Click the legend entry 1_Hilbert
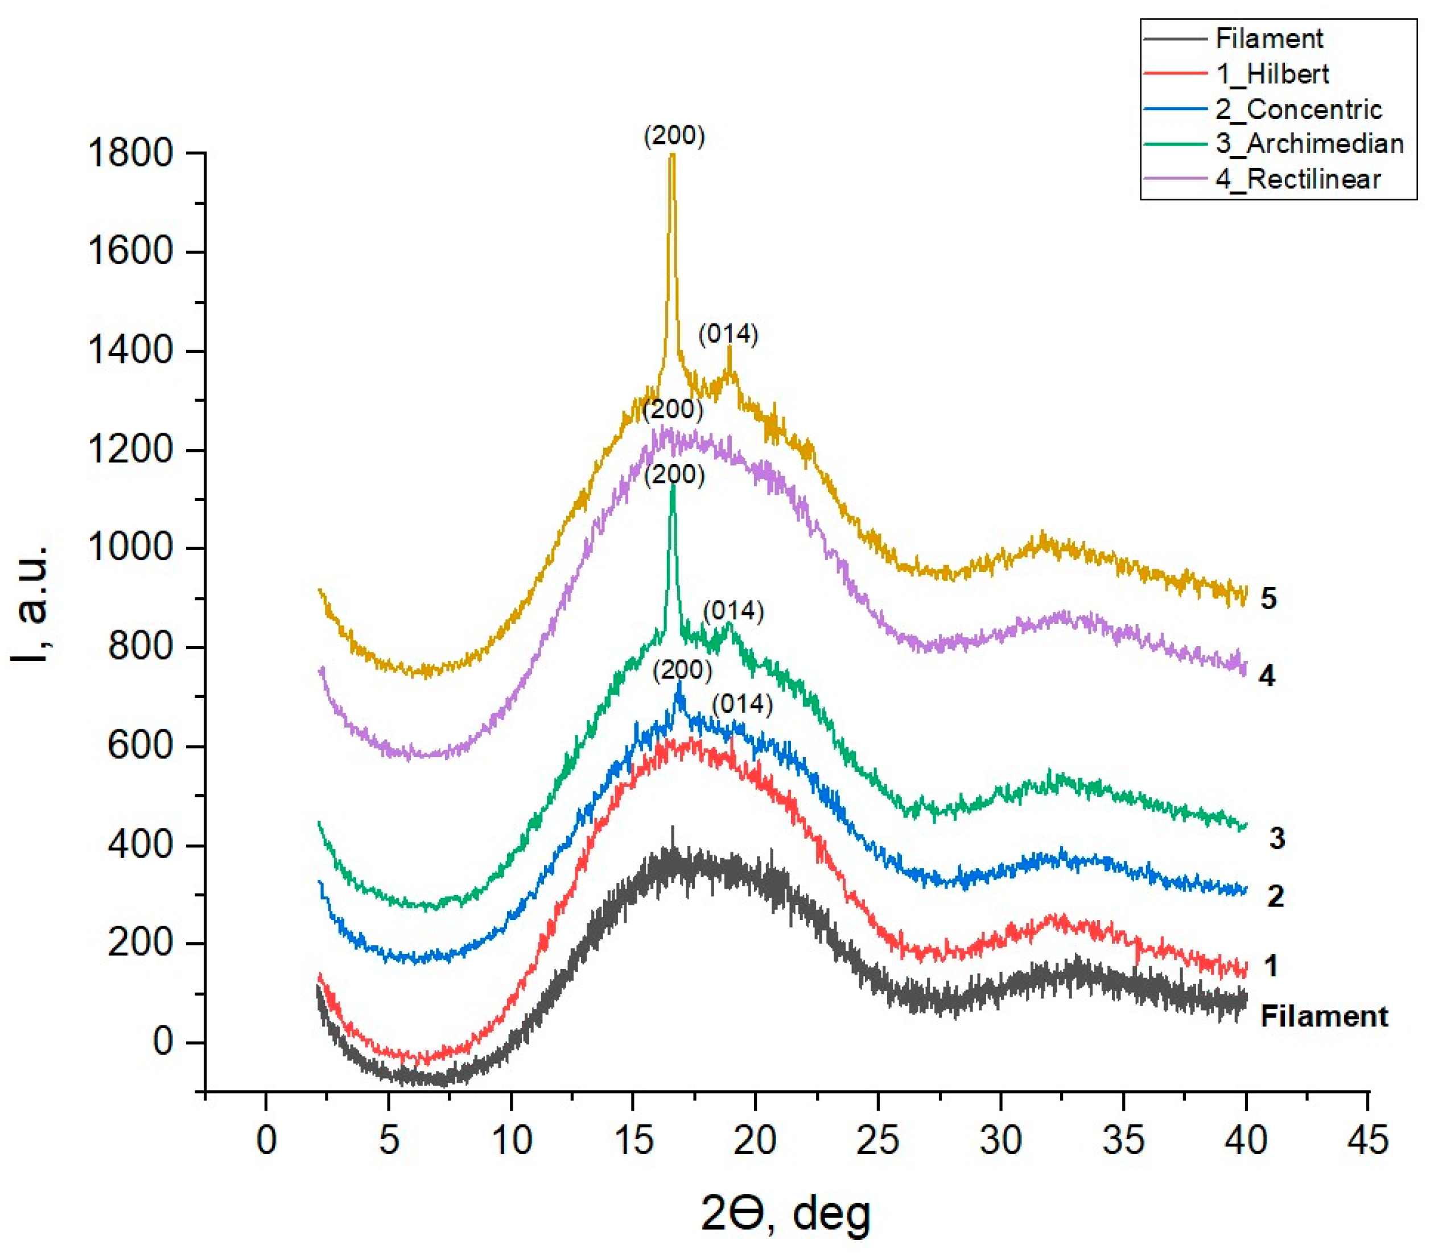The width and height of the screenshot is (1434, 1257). click(1272, 73)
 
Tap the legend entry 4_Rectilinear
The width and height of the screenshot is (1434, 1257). click(1297, 179)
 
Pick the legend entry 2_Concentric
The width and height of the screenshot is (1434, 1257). click(1298, 109)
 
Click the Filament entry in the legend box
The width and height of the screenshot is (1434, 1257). click(1268, 38)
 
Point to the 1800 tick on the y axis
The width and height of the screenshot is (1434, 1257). click(130, 153)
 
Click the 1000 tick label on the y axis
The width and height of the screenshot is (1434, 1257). click(130, 548)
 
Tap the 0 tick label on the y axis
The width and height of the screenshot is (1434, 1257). click(163, 1042)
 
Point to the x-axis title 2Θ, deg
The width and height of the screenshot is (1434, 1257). click(785, 1214)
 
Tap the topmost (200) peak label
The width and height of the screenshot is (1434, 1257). click(674, 136)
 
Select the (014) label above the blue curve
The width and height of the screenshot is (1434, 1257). click(742, 704)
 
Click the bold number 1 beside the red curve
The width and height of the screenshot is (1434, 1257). click(1271, 966)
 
